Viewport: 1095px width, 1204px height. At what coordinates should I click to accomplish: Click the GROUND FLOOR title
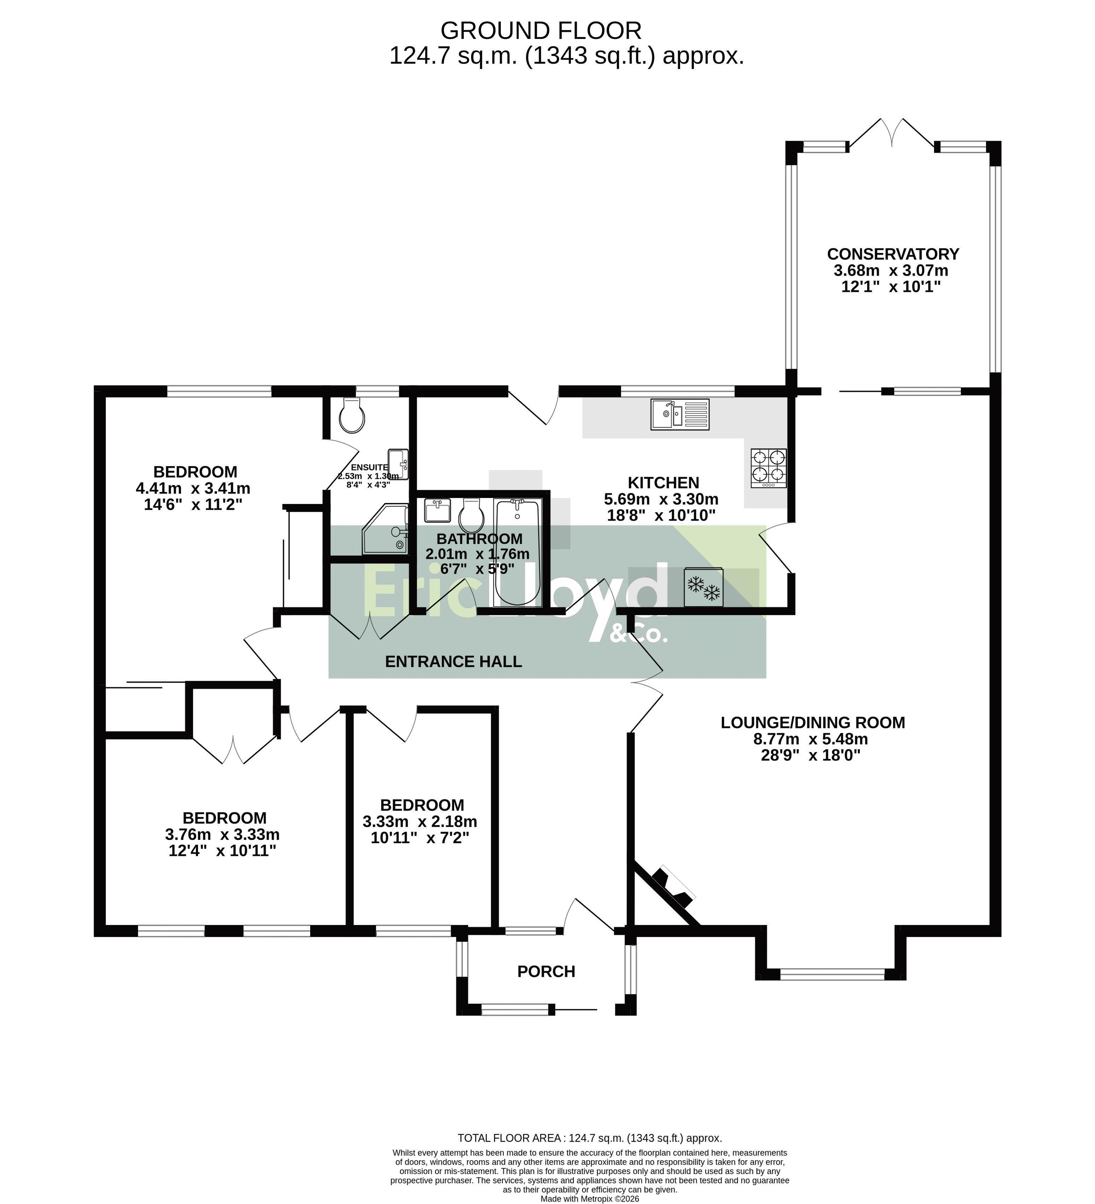pos(541,30)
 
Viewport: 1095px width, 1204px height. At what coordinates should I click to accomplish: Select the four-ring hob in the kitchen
pos(769,468)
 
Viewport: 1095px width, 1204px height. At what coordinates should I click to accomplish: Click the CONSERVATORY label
pos(893,254)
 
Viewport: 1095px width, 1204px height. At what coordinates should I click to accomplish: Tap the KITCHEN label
pos(663,482)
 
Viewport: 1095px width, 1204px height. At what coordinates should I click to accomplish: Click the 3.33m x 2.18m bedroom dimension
pos(420,821)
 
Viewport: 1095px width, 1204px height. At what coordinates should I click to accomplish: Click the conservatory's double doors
pos(892,133)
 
